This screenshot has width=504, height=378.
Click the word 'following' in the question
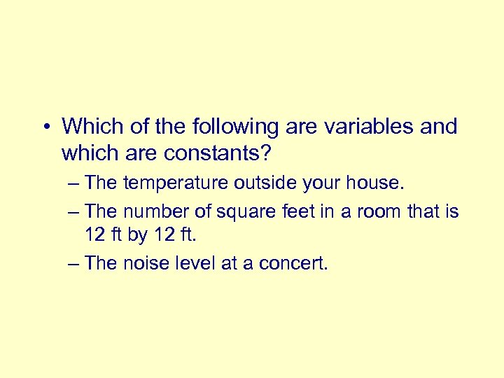point(239,127)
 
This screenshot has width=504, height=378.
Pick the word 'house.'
point(377,183)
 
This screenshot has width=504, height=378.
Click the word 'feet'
point(296,211)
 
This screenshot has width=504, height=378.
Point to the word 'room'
point(365,211)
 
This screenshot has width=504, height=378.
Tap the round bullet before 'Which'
point(44,127)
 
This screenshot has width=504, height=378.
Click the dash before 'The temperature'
point(74,184)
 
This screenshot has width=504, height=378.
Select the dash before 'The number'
point(74,211)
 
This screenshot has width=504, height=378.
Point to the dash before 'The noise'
point(74,264)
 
